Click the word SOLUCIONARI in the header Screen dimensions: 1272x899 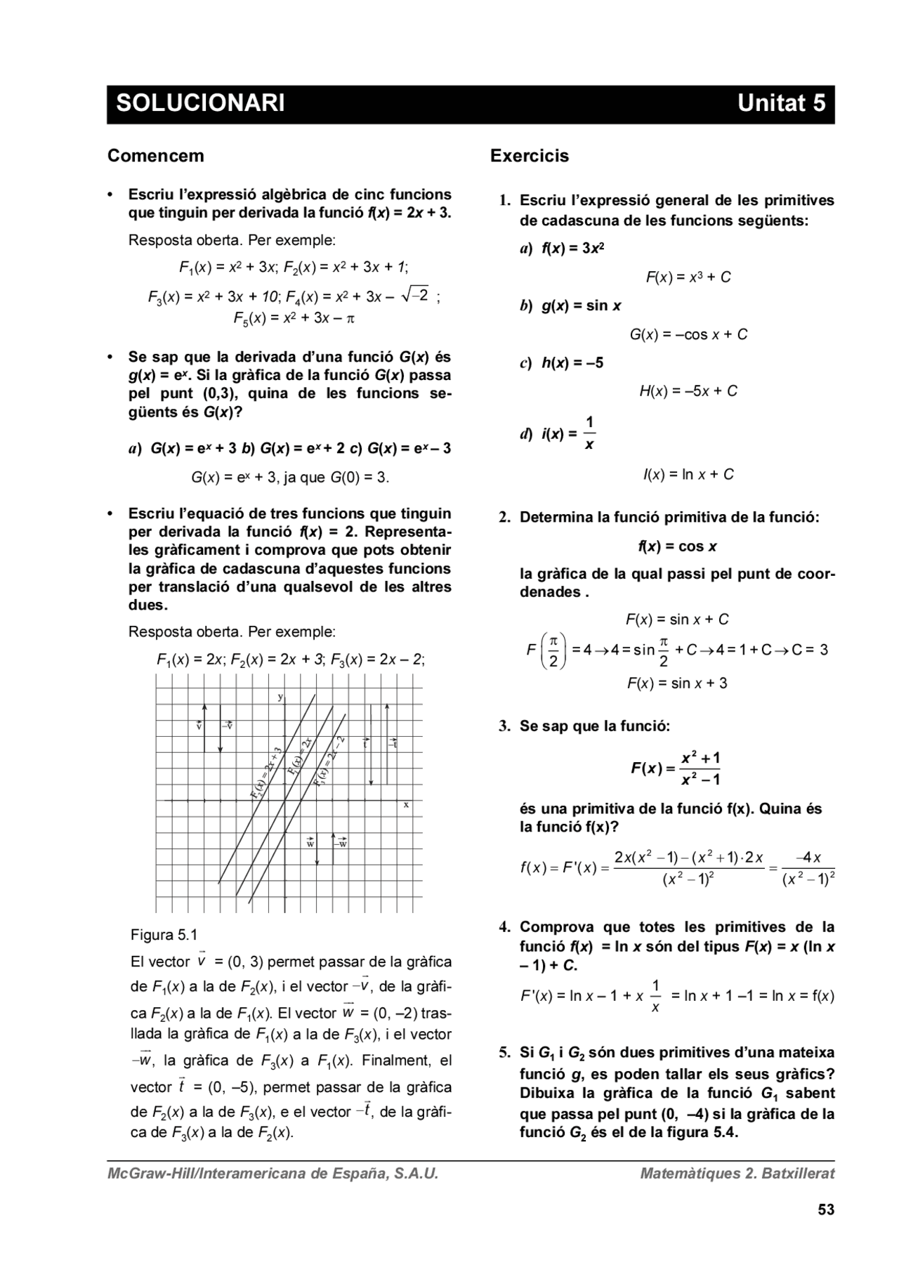200,103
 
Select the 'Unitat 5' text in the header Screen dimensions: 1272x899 780,103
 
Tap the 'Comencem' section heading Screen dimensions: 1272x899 155,156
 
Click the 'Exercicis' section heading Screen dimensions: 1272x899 529,156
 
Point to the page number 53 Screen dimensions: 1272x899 825,1209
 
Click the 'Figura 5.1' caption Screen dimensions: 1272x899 164,935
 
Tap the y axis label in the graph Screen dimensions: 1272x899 280,697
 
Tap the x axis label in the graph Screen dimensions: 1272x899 406,805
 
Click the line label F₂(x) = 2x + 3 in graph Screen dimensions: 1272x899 266,773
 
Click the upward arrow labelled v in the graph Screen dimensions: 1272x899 204,727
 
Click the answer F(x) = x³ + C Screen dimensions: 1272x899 688,277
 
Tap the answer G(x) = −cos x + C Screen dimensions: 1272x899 688,334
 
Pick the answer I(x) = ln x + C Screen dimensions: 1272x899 688,475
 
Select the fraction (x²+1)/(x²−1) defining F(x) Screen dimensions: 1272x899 700,768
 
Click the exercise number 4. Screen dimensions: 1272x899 504,927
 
